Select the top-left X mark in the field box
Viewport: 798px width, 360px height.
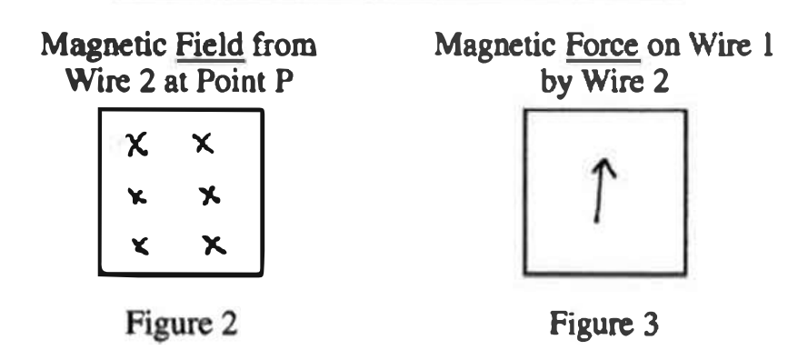138,143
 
